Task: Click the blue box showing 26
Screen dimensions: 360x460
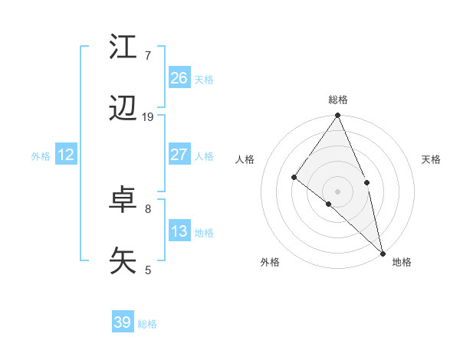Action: pos(179,77)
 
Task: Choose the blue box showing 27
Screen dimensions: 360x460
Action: pos(179,154)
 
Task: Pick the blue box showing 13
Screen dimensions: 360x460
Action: pos(179,231)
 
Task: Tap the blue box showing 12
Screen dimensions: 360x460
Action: pos(66,154)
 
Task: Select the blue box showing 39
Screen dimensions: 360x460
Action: pos(123,322)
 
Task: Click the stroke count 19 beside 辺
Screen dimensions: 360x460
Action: pos(148,117)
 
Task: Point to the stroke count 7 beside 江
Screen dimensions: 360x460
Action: pos(148,56)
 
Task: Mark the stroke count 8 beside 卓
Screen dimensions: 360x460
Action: pos(148,208)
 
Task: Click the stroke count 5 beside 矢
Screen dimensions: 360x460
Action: pos(148,270)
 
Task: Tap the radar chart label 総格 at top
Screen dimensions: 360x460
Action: pos(338,100)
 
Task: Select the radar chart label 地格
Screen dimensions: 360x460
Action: pos(402,262)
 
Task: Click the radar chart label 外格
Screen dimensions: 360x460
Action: pos(270,262)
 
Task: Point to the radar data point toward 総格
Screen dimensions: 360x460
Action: pos(338,116)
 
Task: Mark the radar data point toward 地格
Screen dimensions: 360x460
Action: pos(383,253)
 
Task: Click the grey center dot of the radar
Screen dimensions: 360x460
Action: pos(338,191)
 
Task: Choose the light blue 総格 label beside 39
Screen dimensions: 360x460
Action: pos(147,324)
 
